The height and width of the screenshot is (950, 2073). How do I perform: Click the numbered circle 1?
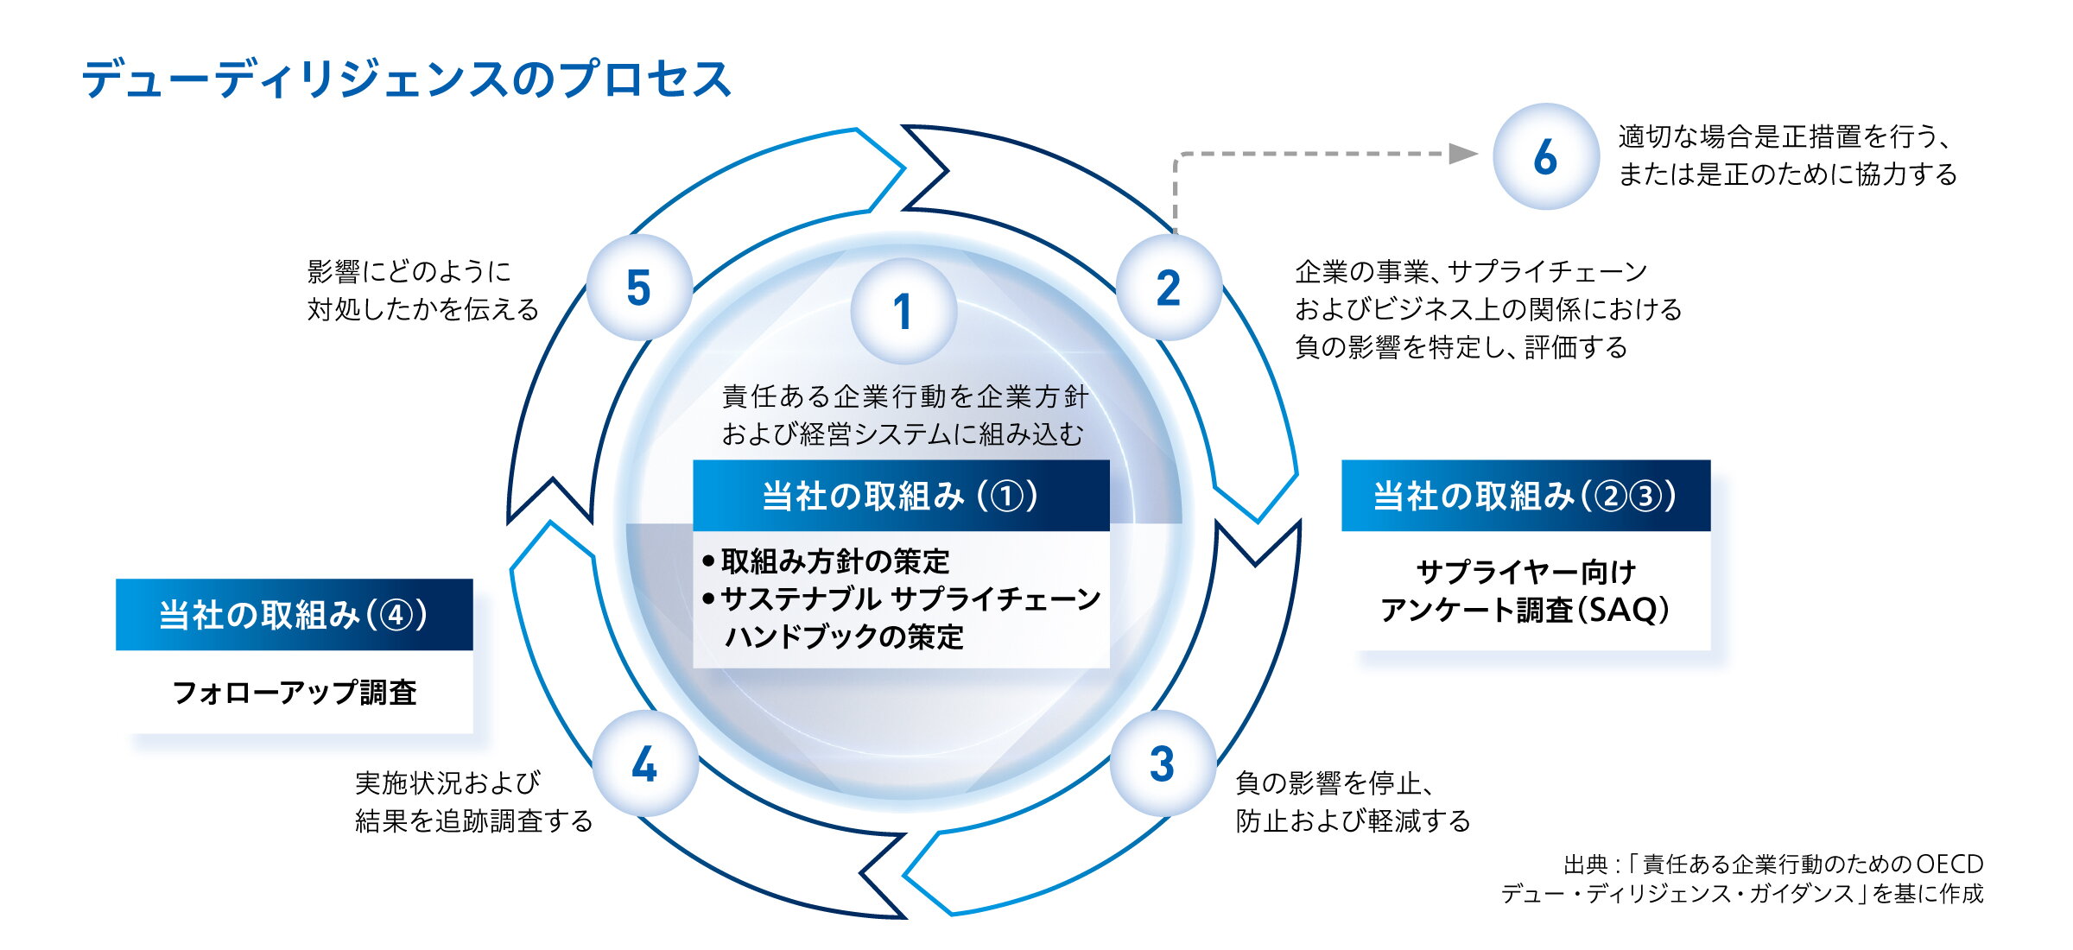903,311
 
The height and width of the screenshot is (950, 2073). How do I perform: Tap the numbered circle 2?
1169,288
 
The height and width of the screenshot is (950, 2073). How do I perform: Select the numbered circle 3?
1163,763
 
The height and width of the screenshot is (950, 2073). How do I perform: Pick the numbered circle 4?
644,763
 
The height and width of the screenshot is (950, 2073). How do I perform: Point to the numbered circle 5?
639,288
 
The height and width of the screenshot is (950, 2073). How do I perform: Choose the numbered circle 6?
1546,156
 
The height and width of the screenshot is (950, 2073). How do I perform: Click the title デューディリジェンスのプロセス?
407,79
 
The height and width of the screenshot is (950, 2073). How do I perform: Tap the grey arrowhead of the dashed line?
1462,154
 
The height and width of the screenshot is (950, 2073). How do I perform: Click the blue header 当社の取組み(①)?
901,496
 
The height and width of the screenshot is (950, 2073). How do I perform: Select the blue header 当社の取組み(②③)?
1525,496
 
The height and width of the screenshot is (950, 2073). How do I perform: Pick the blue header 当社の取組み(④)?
295,615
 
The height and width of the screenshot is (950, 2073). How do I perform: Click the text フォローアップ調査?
295,693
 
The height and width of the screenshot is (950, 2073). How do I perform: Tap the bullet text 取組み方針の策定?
834,562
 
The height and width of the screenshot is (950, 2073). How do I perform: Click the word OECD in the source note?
1949,864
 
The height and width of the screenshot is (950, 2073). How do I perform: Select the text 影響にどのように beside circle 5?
409,272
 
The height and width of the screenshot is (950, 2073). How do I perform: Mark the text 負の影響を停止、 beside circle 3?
1334,783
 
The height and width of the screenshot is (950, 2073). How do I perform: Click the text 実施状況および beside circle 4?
448,783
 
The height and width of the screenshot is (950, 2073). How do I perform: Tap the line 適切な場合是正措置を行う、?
1784,136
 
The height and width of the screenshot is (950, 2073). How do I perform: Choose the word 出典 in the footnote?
1586,864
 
